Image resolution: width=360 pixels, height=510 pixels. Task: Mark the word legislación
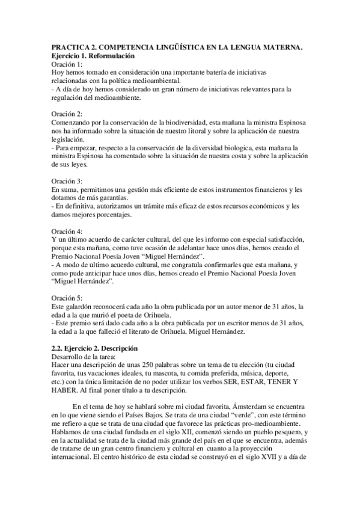tap(70, 139)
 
